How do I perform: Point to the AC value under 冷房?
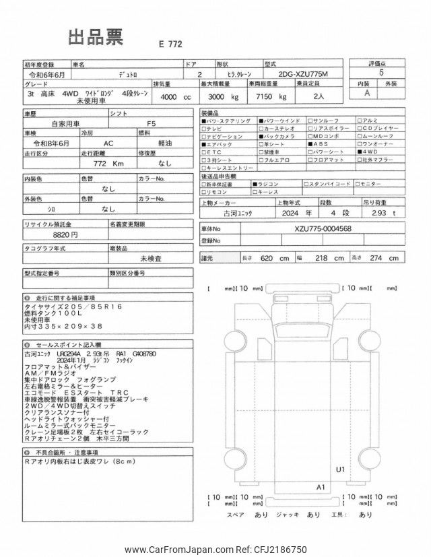coord(108,143)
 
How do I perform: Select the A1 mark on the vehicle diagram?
coord(321,486)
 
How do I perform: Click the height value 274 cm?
coord(387,258)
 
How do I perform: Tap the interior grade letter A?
coord(368,94)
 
